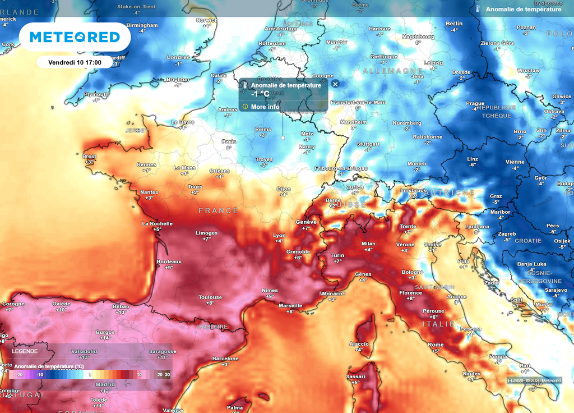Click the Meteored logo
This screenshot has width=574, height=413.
75,37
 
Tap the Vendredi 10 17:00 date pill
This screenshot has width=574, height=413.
75,62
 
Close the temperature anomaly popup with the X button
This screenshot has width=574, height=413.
335,84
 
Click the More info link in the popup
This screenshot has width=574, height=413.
265,107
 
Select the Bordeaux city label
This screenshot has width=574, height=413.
169,261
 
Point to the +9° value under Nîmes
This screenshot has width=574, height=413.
270,296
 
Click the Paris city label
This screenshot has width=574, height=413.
229,141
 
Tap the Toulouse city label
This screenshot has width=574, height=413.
210,297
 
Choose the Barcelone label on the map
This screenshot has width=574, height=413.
225,359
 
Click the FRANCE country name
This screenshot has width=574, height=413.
219,210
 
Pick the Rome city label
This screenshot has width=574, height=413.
436,345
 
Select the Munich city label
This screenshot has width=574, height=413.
416,164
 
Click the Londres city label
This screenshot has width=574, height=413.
179,57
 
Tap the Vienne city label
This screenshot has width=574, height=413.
515,162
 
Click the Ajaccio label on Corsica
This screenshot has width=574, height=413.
359,343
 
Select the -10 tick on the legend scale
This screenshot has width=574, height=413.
40,374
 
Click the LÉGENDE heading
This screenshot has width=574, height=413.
25,351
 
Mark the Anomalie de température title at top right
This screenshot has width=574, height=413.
524,10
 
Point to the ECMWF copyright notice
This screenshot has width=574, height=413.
534,380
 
